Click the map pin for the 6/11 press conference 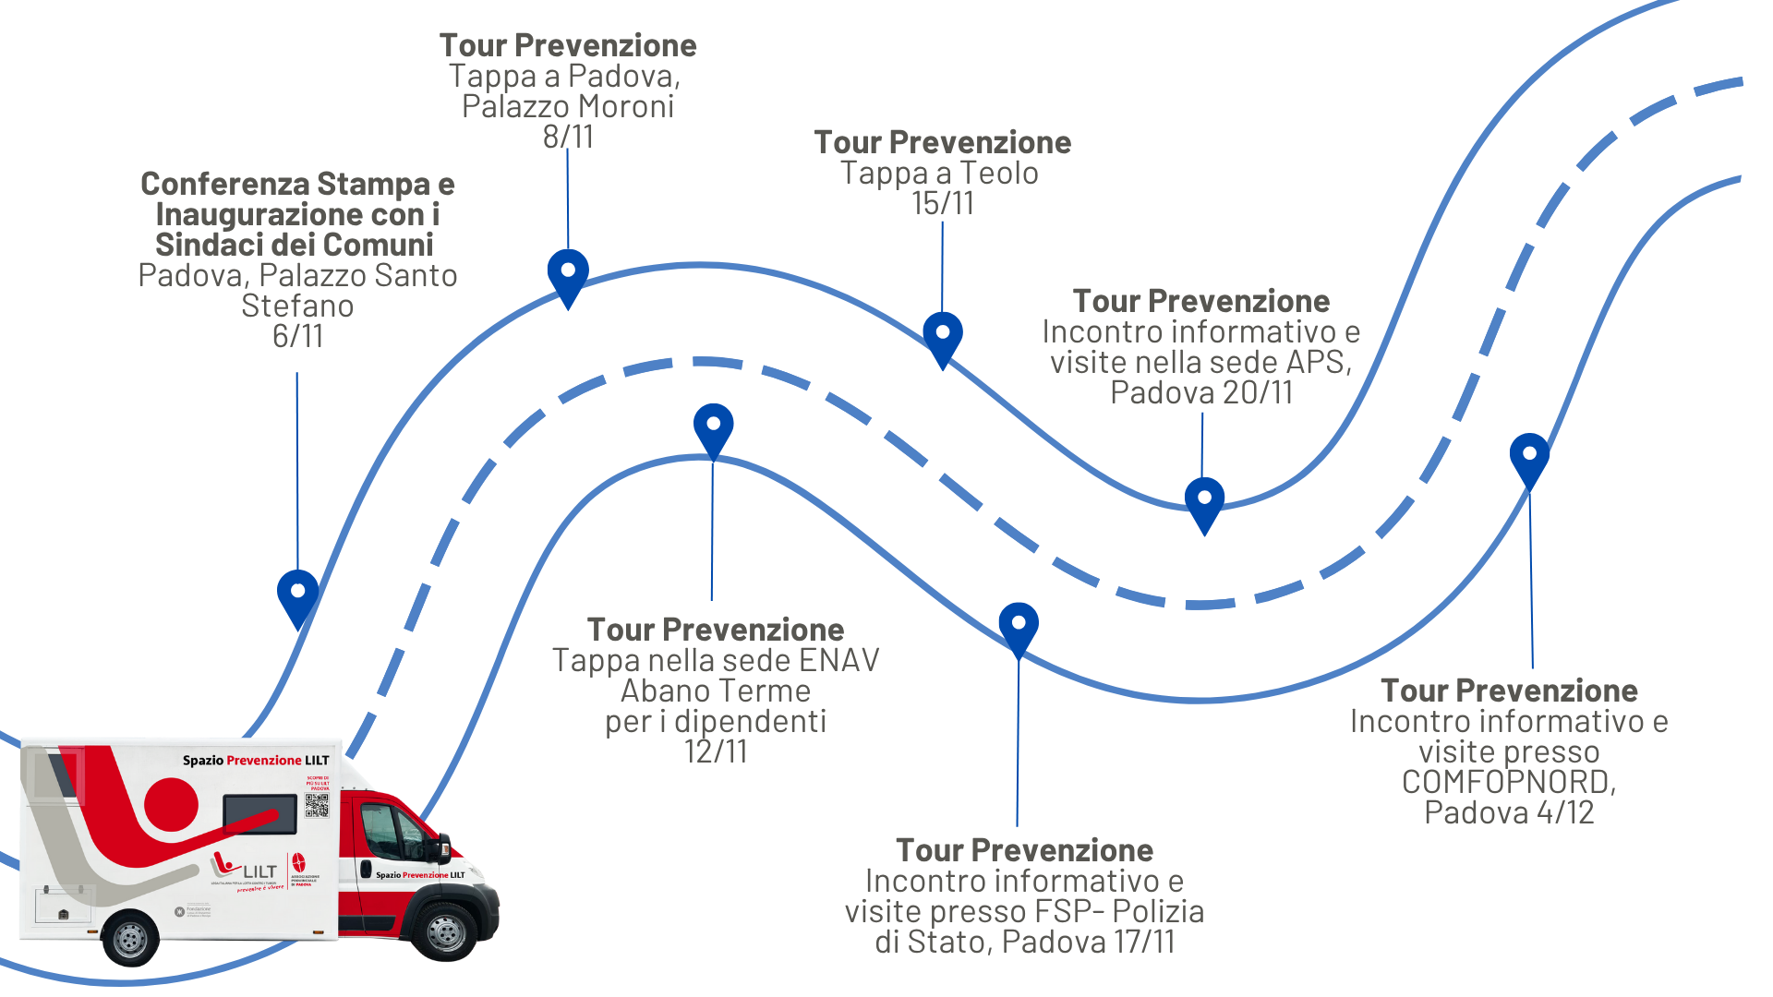[x=297, y=594]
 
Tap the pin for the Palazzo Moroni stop [x=568, y=273]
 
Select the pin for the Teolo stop [x=942, y=335]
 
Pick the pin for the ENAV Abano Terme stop [x=713, y=426]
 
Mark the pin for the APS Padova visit [x=1204, y=500]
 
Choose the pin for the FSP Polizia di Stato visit [x=1019, y=626]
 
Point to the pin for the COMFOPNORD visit [x=1529, y=456]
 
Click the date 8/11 [x=568, y=137]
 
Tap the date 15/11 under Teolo [x=942, y=203]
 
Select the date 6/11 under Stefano [x=297, y=336]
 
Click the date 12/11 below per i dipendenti [x=716, y=751]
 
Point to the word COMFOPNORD [x=1507, y=782]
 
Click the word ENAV [x=838, y=660]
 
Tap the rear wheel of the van [x=130, y=940]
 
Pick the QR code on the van [x=317, y=805]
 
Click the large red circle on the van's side [x=172, y=804]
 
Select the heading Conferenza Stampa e [x=297, y=184]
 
